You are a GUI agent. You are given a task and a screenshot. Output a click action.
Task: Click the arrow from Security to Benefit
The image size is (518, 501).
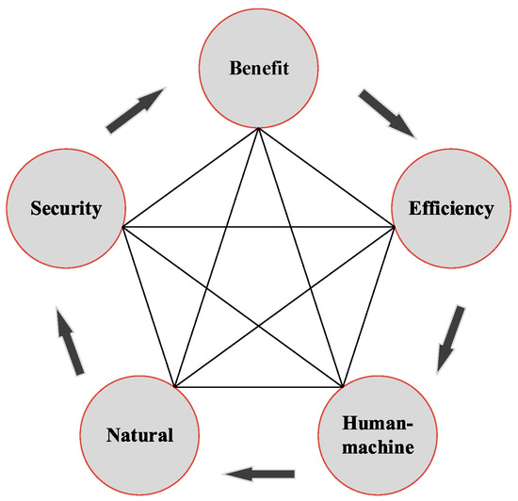[x=134, y=109]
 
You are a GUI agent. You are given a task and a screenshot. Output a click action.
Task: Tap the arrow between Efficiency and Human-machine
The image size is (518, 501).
[x=451, y=336]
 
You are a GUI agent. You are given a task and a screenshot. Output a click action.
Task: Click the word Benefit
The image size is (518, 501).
[x=258, y=68]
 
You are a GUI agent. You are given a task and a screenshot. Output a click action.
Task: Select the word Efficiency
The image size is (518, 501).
[x=450, y=209]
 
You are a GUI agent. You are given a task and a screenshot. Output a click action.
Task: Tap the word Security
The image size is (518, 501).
[x=64, y=208]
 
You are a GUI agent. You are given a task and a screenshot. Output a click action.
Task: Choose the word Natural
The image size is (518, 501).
[x=139, y=435]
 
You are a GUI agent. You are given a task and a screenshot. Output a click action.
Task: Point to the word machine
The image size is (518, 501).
[x=378, y=445]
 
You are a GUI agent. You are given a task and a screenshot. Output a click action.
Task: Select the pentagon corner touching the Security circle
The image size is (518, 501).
[x=123, y=226]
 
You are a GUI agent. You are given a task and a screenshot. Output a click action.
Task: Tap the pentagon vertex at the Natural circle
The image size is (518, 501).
[x=175, y=387]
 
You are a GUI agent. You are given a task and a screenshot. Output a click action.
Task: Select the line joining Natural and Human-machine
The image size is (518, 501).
[x=258, y=387]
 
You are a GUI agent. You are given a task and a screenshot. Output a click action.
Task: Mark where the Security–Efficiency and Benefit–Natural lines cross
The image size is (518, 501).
[x=227, y=226]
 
